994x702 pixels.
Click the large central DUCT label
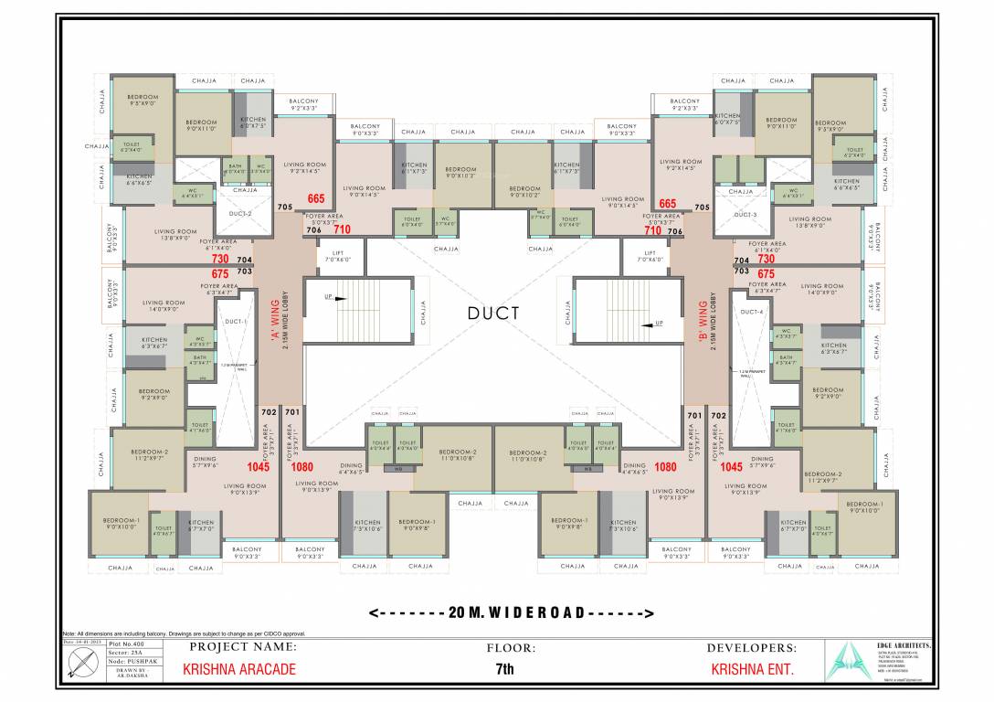[493, 314]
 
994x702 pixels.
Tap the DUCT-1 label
[237, 322]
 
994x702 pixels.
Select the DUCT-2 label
[240, 213]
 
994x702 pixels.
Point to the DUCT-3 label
[746, 214]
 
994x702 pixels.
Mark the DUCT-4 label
[752, 312]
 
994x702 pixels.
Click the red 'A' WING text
[271, 315]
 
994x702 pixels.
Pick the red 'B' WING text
[713, 315]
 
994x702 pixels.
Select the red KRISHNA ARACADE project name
[239, 669]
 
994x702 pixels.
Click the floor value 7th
[504, 669]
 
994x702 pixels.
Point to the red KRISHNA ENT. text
[753, 669]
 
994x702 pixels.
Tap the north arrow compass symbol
[83, 668]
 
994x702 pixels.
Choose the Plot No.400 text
[126, 643]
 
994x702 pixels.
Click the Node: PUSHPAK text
[126, 661]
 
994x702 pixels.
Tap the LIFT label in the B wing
[650, 253]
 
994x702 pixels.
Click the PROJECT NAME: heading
[243, 647]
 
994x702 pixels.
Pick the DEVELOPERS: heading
[753, 647]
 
